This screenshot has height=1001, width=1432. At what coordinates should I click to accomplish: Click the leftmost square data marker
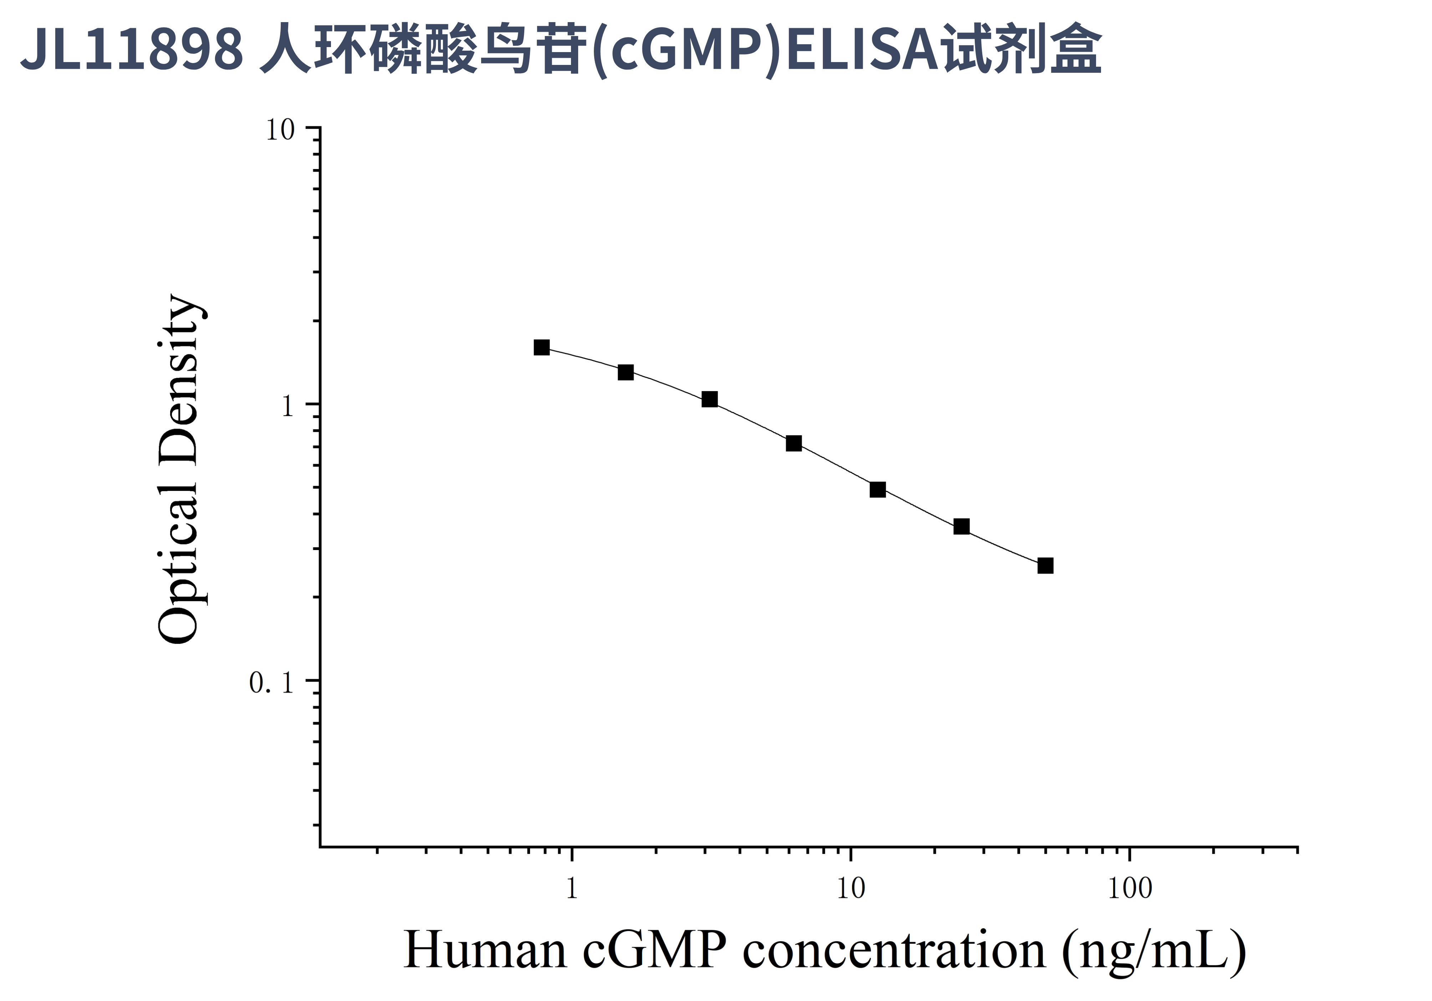tap(541, 347)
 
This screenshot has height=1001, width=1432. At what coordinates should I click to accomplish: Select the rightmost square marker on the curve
tap(1045, 566)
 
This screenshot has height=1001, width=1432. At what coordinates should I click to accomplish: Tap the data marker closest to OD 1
tap(709, 399)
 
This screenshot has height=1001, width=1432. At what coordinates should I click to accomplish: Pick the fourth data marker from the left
tap(793, 443)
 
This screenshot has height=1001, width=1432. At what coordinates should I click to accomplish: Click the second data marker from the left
tap(626, 372)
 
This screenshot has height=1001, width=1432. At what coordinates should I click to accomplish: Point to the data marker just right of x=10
tap(877, 489)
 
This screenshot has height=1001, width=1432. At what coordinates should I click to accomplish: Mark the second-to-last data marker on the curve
tap(962, 527)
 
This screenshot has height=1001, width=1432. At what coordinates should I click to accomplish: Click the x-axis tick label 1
tap(571, 888)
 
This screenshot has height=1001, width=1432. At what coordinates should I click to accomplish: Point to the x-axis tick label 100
tap(1130, 888)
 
